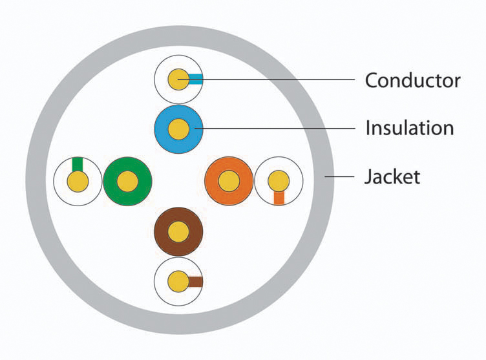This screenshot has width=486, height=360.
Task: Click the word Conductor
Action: tap(412, 80)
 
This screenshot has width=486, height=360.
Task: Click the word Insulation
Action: tap(409, 127)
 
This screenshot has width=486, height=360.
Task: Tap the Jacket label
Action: tap(392, 176)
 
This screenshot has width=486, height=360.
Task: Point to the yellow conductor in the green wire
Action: tap(127, 182)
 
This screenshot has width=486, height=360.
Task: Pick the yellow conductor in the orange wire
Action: tap(228, 181)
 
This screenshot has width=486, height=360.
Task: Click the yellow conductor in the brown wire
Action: tap(178, 231)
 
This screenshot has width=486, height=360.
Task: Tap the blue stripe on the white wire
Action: tap(196, 79)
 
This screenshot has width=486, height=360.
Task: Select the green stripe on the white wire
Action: tap(78, 164)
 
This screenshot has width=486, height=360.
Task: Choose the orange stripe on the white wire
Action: tap(279, 198)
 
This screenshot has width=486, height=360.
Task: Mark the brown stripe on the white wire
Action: tap(195, 281)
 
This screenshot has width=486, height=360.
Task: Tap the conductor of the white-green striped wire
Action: tap(78, 182)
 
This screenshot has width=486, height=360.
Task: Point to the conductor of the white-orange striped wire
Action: tap(279, 180)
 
